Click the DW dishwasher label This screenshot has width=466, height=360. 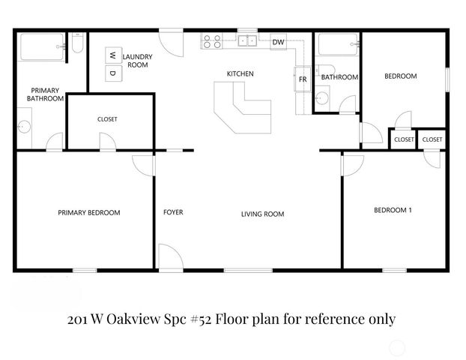(277, 42)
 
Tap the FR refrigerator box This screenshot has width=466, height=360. (303, 78)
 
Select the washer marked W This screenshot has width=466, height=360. (112, 55)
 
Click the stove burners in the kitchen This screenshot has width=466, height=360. (210, 41)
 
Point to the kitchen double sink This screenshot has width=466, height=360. (248, 41)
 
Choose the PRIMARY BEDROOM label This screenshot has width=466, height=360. (88, 213)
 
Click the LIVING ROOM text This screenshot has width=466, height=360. (262, 214)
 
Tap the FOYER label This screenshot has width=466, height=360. (173, 212)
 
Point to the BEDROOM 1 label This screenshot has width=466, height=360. (393, 210)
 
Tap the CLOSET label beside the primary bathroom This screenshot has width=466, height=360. (107, 119)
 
